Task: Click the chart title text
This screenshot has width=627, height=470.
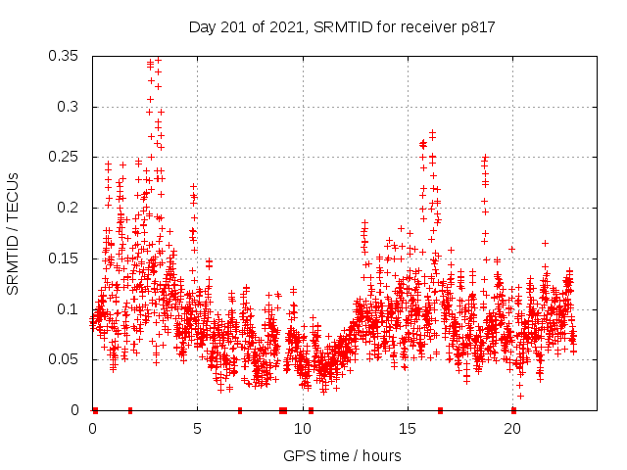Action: tap(342, 26)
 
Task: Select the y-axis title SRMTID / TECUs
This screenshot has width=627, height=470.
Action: tap(13, 233)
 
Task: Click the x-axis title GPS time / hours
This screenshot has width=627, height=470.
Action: tap(342, 455)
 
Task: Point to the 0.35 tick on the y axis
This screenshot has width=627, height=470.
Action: tap(64, 56)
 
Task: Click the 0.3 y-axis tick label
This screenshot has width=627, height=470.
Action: tap(69, 107)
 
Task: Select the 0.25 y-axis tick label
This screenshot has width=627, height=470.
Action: tap(64, 157)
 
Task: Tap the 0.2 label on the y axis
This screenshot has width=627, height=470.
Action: tap(69, 208)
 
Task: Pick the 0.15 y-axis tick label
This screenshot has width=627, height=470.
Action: tap(64, 258)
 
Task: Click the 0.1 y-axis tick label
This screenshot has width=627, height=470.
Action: tap(69, 308)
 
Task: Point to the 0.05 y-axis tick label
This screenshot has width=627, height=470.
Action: tap(64, 359)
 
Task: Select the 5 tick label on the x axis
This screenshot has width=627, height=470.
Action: tap(197, 429)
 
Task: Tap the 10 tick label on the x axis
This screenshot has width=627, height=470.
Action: tap(302, 429)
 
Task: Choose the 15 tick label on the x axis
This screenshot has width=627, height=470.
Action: tap(407, 429)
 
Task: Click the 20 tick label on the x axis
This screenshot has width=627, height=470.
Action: tap(511, 429)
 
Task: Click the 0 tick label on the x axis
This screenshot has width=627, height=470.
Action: tap(92, 429)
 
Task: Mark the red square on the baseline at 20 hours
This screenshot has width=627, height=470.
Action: tap(513, 410)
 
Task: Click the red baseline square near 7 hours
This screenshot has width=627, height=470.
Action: tap(239, 410)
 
